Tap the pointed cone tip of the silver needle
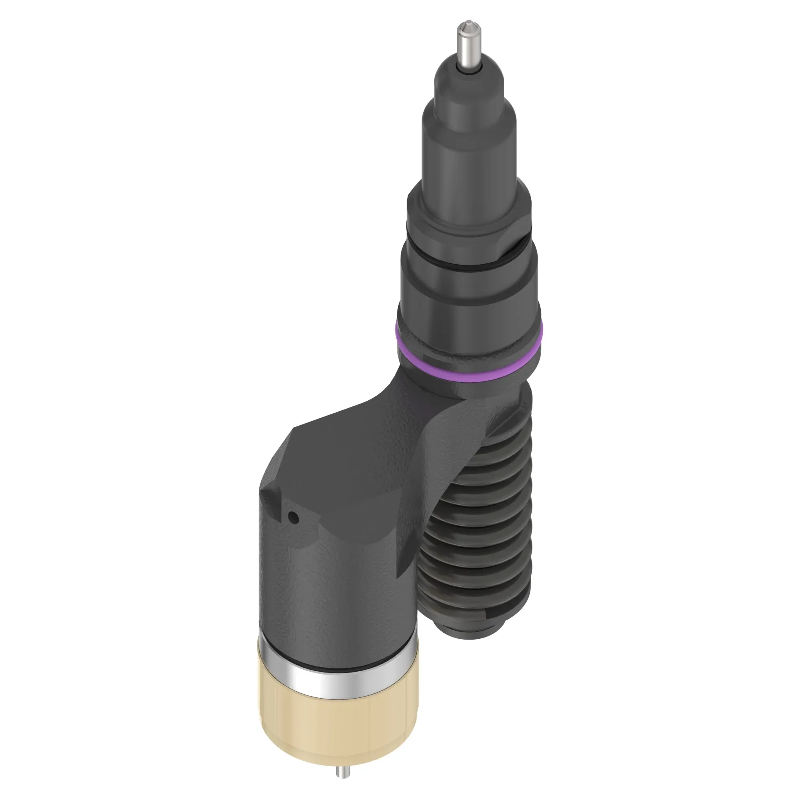click(469, 26)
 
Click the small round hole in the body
click(293, 518)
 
